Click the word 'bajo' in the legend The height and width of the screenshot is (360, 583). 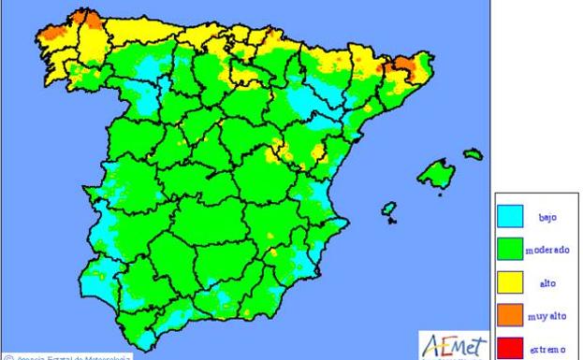(547, 217)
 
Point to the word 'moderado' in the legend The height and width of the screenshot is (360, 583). (547, 250)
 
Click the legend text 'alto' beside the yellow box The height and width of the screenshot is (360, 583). (547, 283)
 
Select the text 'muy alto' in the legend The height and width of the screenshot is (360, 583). (547, 316)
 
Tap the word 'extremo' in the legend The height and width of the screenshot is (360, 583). (547, 349)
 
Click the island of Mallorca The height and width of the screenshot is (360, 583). (437, 174)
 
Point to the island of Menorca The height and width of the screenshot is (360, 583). (474, 153)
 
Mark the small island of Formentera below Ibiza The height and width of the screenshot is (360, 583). (390, 222)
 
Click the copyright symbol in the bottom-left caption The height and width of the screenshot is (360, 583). (7, 356)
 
